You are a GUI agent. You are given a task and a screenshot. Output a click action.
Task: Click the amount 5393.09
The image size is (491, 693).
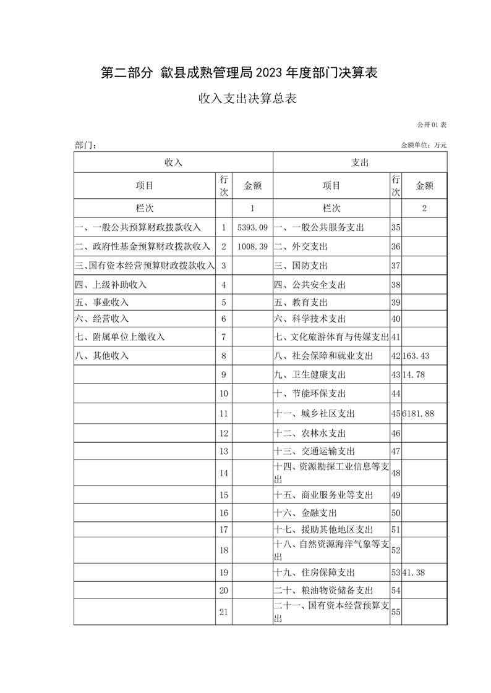[x=252, y=227]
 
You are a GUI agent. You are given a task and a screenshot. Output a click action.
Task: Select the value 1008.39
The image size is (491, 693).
[x=252, y=246]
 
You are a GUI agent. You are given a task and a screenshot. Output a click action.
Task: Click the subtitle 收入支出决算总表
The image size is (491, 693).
[x=247, y=99]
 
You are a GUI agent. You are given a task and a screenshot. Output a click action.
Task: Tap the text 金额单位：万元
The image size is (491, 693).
[x=424, y=145]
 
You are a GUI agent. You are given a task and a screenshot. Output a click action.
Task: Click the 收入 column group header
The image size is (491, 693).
[x=173, y=162]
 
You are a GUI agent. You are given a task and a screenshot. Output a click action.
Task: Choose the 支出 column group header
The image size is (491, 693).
[x=360, y=162]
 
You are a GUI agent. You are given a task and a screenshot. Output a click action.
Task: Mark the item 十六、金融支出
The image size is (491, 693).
[x=305, y=513]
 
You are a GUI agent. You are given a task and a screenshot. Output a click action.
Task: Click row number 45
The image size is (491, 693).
[x=396, y=413]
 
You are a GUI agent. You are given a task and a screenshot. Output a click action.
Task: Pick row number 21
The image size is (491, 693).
[x=224, y=612]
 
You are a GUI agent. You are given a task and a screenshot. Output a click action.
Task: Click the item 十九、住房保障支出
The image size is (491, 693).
[x=314, y=573]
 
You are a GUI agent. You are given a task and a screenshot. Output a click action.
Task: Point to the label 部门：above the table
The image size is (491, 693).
[x=85, y=145]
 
